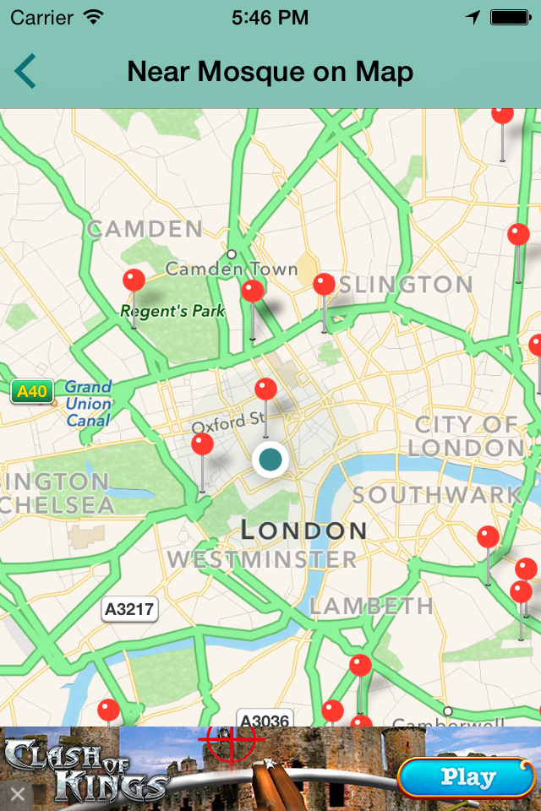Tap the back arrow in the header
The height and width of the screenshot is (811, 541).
[25, 71]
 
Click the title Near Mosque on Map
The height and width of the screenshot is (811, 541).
[270, 72]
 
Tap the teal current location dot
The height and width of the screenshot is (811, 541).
[270, 460]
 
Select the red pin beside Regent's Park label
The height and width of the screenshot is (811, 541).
[134, 280]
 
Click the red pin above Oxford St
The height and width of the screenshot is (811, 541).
[265, 389]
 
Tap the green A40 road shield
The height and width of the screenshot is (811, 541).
[32, 391]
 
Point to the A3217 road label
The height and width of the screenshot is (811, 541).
[129, 609]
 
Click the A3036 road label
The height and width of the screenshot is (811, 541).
[264, 721]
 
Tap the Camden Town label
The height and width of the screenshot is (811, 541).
[232, 269]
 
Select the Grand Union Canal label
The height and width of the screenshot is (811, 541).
[88, 403]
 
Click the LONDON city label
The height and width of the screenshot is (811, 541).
[303, 531]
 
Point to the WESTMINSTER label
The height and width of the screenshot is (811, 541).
[262, 559]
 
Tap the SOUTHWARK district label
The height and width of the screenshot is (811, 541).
[437, 495]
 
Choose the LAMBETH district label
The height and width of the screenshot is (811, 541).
[371, 606]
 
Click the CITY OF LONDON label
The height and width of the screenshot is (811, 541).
[466, 435]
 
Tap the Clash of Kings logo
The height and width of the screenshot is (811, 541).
[85, 769]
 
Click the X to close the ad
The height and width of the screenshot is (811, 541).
[17, 794]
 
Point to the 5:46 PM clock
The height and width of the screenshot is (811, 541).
[270, 18]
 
